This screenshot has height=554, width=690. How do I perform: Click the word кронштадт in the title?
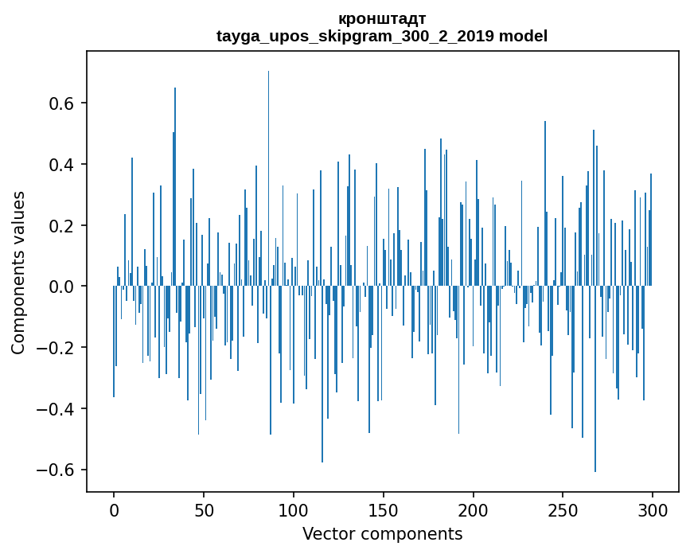[382, 18]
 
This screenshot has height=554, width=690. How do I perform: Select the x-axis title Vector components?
[382, 534]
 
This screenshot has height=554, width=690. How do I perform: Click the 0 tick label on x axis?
[114, 509]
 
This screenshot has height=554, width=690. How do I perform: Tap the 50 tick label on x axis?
[204, 509]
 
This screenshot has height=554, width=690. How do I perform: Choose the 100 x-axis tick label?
[294, 509]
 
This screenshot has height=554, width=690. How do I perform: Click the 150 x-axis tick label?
[384, 509]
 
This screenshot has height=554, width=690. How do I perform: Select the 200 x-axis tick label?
[474, 509]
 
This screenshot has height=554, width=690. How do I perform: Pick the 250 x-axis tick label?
[563, 509]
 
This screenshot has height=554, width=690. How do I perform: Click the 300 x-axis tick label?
[653, 509]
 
